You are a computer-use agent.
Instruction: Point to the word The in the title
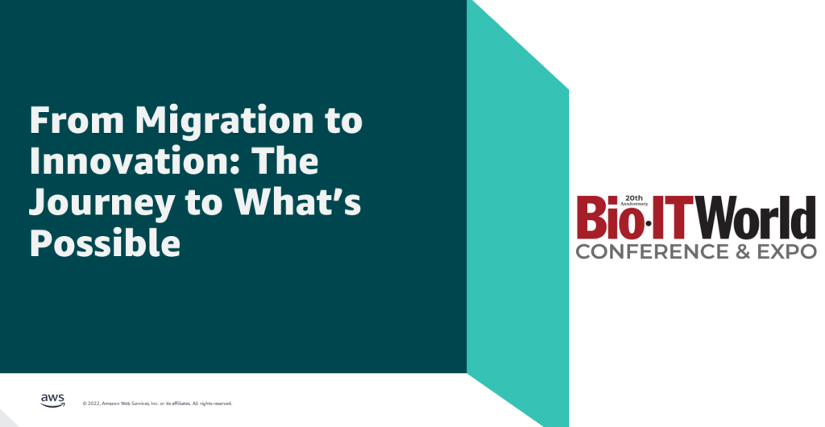click(x=286, y=162)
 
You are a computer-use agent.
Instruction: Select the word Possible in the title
click(x=105, y=244)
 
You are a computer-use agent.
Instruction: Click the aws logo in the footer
click(x=52, y=400)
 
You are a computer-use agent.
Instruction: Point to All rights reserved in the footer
click(x=213, y=403)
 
